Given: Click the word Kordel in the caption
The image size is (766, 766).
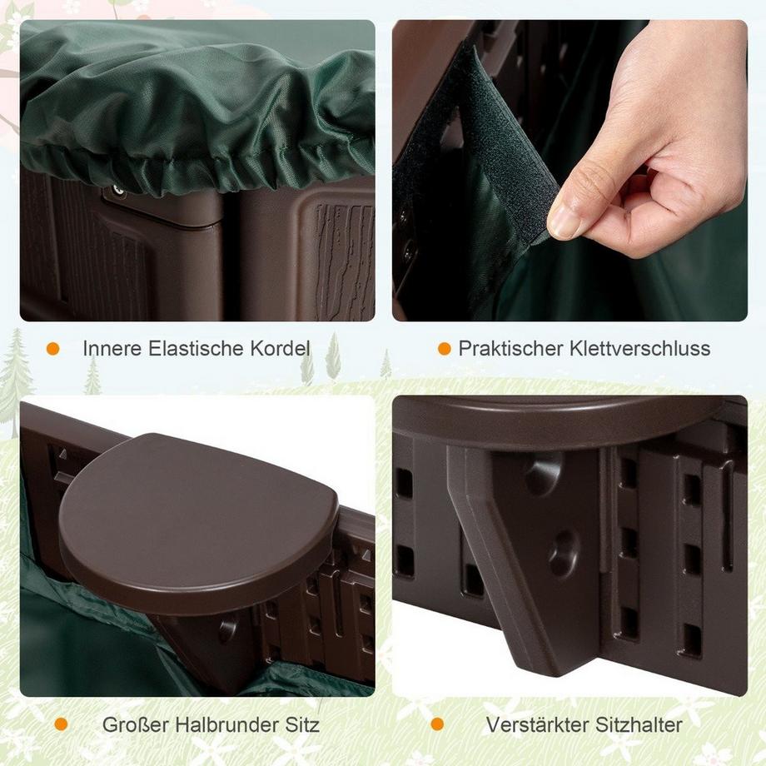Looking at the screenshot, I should tap(279, 348).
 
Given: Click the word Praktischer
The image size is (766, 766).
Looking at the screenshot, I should tap(508, 348).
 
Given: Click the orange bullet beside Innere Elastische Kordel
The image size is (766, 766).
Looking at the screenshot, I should tap(53, 349).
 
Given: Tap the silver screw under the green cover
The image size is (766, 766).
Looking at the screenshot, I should tap(117, 190).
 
